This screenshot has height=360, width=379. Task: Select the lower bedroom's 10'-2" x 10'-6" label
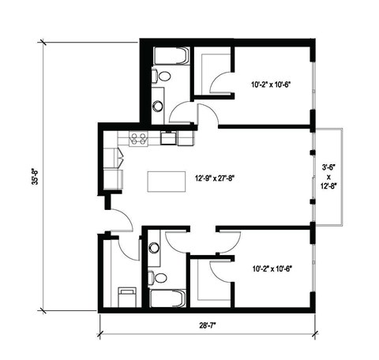pyautogui.click(x=271, y=268)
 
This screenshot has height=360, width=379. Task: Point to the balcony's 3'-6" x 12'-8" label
pyautogui.click(x=327, y=178)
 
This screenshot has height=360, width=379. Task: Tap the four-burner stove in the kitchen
pyautogui.click(x=139, y=139)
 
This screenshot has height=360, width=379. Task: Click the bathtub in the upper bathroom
pyautogui.click(x=170, y=56)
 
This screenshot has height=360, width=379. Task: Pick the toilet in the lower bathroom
pyautogui.click(x=160, y=277)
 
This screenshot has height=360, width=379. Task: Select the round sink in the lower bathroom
pyautogui.click(x=154, y=248)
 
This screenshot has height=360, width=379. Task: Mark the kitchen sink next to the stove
pyautogui.click(x=169, y=139)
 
